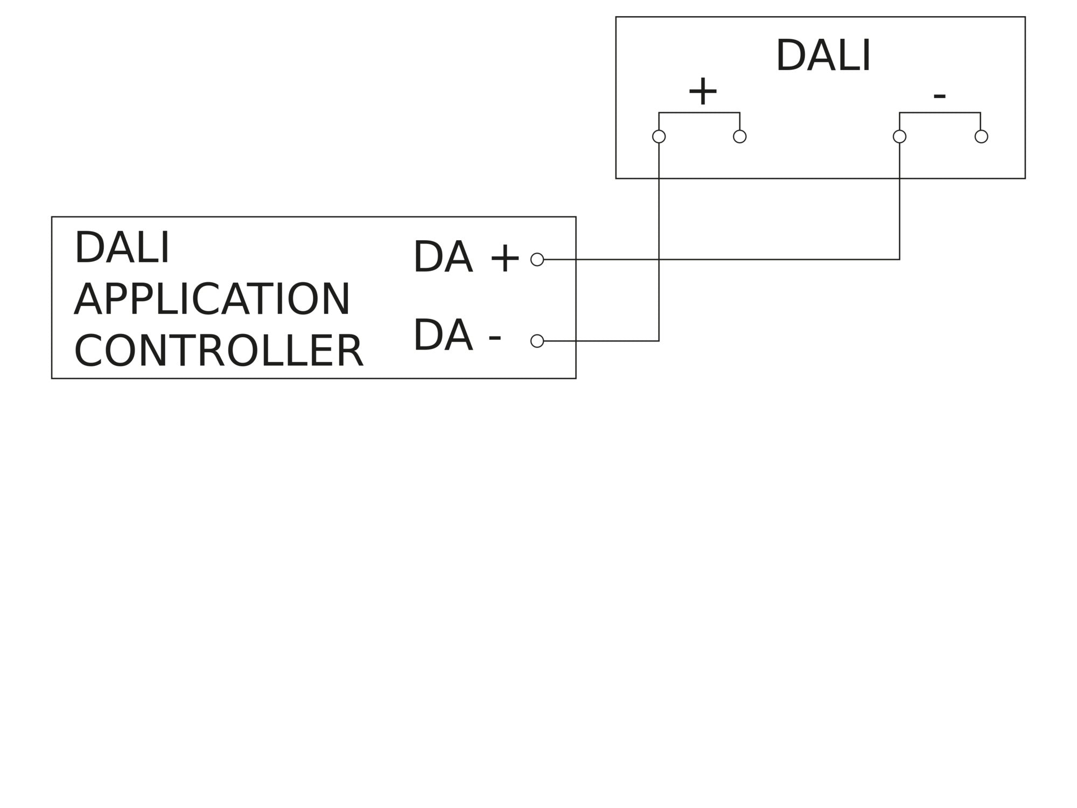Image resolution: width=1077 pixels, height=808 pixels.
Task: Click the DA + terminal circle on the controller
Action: pyautogui.click(x=537, y=260)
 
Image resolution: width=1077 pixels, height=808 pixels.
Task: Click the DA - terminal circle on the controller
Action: pyautogui.click(x=537, y=341)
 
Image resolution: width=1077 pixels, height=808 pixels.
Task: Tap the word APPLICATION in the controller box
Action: pyautogui.click(x=212, y=299)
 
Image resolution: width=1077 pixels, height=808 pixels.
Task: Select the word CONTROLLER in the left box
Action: pyautogui.click(x=219, y=351)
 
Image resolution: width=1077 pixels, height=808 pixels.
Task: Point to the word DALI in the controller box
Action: pyautogui.click(x=122, y=248)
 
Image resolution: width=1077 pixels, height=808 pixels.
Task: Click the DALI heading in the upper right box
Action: pyautogui.click(x=823, y=55)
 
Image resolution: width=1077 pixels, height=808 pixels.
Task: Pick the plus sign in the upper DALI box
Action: pyautogui.click(x=703, y=92)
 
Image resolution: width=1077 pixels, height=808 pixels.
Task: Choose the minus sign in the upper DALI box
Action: pyautogui.click(x=939, y=96)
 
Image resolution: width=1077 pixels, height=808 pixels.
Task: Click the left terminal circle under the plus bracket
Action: pyautogui.click(x=659, y=136)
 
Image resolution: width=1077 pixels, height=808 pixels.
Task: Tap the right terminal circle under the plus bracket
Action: pyautogui.click(x=740, y=136)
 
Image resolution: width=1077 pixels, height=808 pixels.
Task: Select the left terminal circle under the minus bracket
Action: pyautogui.click(x=899, y=136)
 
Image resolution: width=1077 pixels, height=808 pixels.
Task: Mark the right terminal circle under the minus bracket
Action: pyautogui.click(x=981, y=136)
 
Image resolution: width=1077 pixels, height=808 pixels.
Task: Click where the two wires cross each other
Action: pyautogui.click(x=659, y=260)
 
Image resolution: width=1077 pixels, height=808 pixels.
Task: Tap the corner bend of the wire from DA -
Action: pyautogui.click(x=659, y=341)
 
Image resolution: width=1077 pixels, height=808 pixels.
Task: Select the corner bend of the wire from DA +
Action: pyautogui.click(x=899, y=260)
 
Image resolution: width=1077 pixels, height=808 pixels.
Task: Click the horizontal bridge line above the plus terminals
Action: pyautogui.click(x=699, y=113)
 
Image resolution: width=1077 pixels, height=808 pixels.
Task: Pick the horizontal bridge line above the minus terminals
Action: pyautogui.click(x=940, y=113)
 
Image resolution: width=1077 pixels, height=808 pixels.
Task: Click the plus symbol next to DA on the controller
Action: pyautogui.click(x=505, y=259)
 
